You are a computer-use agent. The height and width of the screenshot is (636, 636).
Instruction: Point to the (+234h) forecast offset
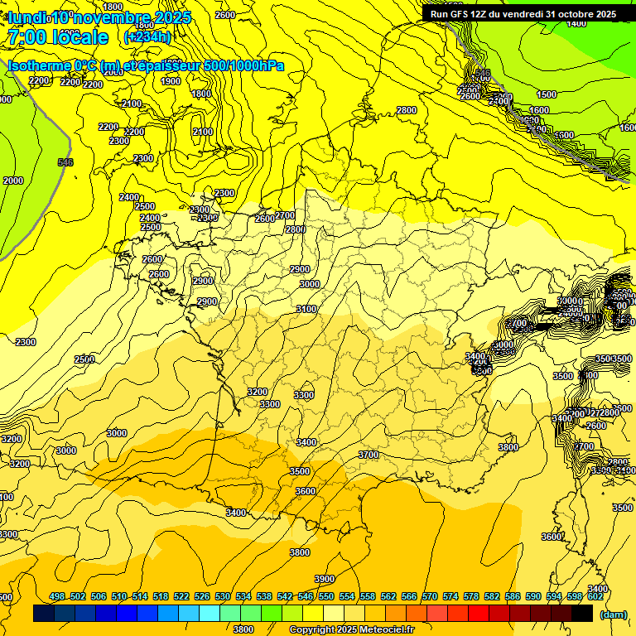click(147, 36)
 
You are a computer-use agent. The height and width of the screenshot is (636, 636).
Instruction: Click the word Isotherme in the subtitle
click(39, 65)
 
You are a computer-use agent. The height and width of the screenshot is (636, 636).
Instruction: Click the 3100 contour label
click(306, 309)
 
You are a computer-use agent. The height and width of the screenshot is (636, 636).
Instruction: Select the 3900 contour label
click(325, 579)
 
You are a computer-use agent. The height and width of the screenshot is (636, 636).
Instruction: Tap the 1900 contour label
click(171, 81)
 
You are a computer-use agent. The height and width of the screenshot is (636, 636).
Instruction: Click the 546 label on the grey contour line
click(65, 162)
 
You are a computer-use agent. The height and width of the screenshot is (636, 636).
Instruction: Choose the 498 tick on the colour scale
click(57, 596)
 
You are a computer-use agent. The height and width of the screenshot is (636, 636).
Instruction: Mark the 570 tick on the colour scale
click(430, 596)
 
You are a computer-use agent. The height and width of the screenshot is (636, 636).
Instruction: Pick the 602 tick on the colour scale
click(595, 596)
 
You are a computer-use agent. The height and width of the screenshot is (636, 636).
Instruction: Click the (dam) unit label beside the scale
click(613, 614)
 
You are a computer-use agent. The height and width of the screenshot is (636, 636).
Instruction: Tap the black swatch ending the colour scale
click(582, 613)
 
